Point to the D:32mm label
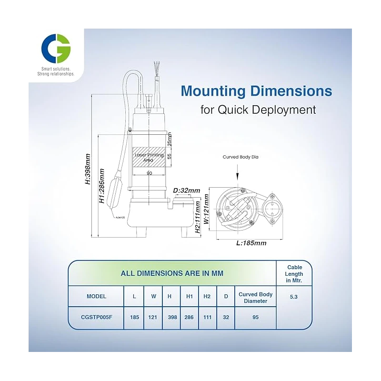186,190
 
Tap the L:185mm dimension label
251,243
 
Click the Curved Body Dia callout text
241,156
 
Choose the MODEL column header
96,296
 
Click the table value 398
171,317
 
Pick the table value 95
255,317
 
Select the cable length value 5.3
294,296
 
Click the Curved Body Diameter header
255,297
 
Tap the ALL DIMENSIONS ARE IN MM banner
172,273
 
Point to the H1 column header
189,296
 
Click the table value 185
134,317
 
